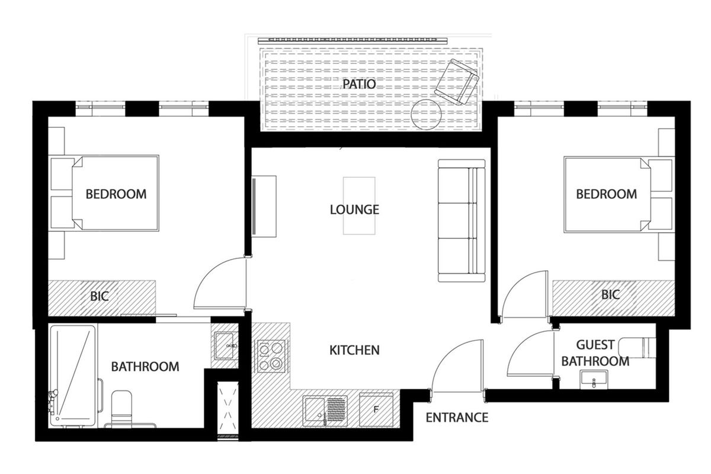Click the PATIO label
[x=358, y=84]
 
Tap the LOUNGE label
[x=354, y=210]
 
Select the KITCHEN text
[x=354, y=350]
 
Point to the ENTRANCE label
[x=457, y=418]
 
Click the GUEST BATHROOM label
[x=595, y=353]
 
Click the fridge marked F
[x=376, y=409]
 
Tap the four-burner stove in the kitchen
[x=271, y=356]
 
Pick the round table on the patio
[x=426, y=115]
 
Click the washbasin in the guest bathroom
[x=594, y=379]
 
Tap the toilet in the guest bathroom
[x=642, y=347]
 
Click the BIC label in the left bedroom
[x=100, y=296]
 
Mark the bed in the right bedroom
[x=607, y=194]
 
